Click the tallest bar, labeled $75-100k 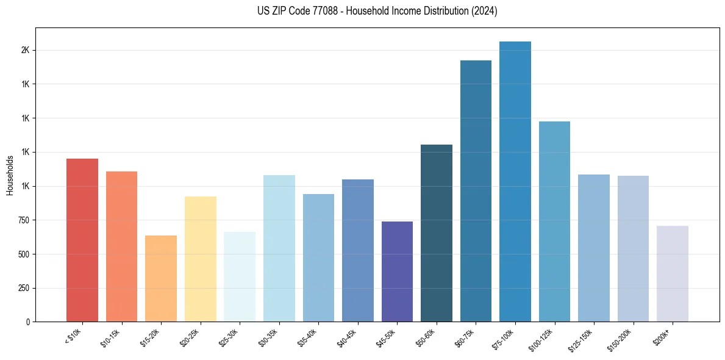click(x=515, y=183)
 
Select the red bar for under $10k click(x=82, y=240)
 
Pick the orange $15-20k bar click(x=161, y=279)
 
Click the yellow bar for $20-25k click(x=200, y=259)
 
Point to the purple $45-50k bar click(x=397, y=272)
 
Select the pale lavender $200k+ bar click(x=672, y=274)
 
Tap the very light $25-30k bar click(x=240, y=277)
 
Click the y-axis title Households click(x=10, y=175)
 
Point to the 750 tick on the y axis click(x=24, y=220)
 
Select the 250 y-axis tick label click(x=24, y=288)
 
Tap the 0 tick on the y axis click(x=28, y=322)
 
